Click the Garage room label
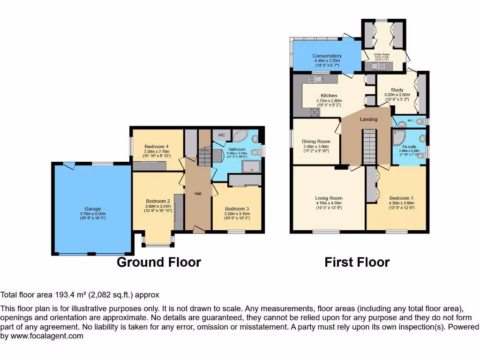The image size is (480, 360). (92, 209)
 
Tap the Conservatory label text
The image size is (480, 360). (327, 56)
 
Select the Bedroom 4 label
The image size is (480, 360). (157, 146)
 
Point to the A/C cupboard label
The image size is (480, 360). (221, 135)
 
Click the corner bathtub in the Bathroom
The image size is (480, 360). (241, 136)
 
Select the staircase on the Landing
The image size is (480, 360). (369, 147)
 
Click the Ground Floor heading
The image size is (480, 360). (158, 262)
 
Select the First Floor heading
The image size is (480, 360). (357, 262)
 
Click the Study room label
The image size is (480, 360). (397, 90)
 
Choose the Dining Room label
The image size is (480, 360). (316, 142)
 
